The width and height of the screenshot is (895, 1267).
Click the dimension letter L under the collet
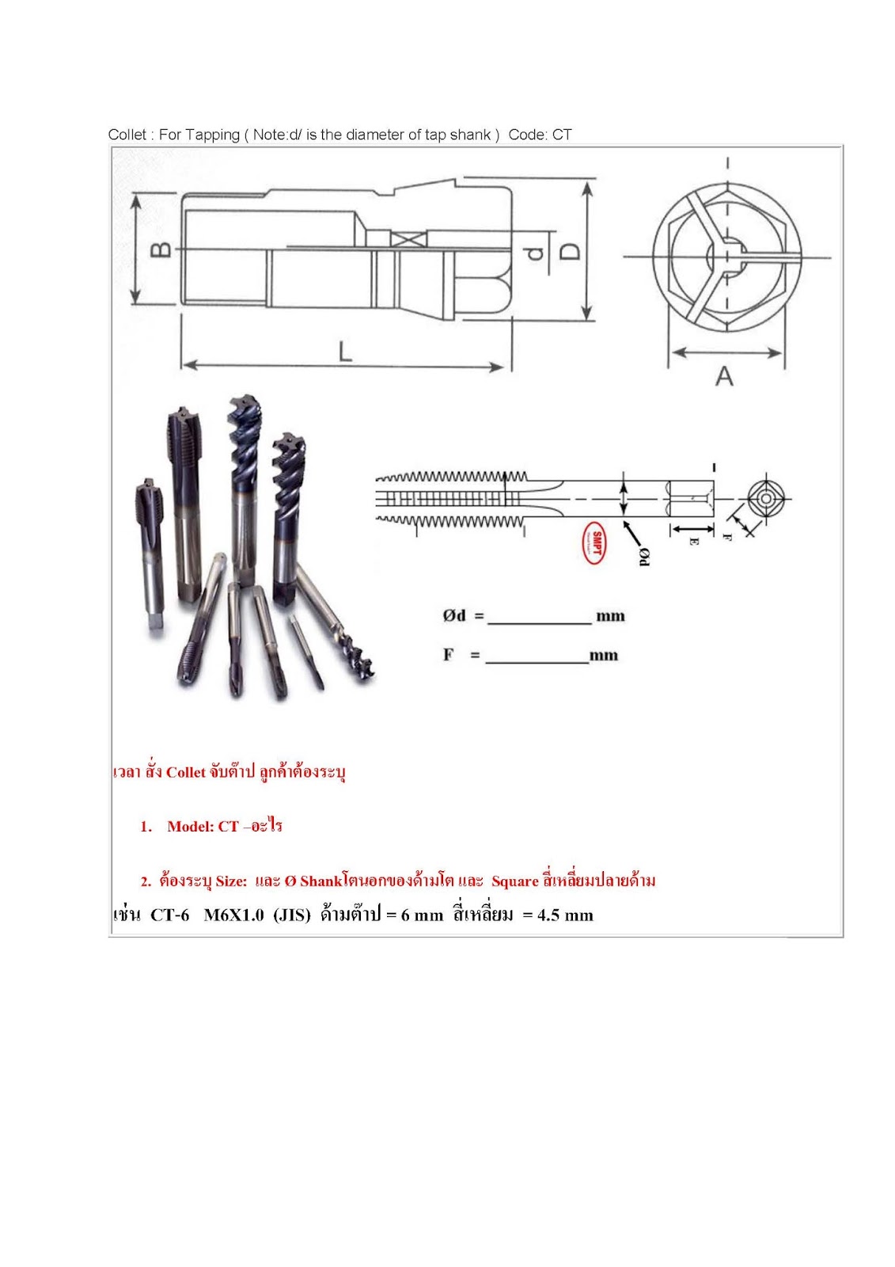click(x=345, y=351)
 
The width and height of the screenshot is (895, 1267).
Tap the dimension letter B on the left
click(x=161, y=249)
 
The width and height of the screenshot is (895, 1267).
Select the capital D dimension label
click(x=570, y=251)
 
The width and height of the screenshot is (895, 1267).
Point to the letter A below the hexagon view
click(x=724, y=377)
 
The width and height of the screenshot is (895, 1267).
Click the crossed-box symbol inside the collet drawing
click(x=409, y=238)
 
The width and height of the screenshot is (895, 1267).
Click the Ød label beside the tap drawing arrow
click(x=644, y=556)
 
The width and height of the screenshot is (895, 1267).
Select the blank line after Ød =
click(x=540, y=618)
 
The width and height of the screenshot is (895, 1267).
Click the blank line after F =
click(x=537, y=657)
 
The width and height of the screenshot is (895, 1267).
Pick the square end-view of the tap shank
click(x=767, y=499)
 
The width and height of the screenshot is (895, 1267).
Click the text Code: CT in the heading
click(x=540, y=135)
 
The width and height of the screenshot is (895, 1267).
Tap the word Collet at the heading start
click(x=127, y=135)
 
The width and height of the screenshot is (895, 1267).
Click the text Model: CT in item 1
click(x=203, y=827)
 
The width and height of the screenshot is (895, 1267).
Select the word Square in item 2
click(x=514, y=881)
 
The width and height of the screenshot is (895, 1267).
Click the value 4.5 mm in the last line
click(x=565, y=915)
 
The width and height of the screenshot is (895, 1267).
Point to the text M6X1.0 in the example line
click(x=233, y=915)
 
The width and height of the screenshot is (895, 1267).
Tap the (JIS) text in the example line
click(x=292, y=915)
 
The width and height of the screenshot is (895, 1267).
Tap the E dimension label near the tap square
click(x=693, y=542)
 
